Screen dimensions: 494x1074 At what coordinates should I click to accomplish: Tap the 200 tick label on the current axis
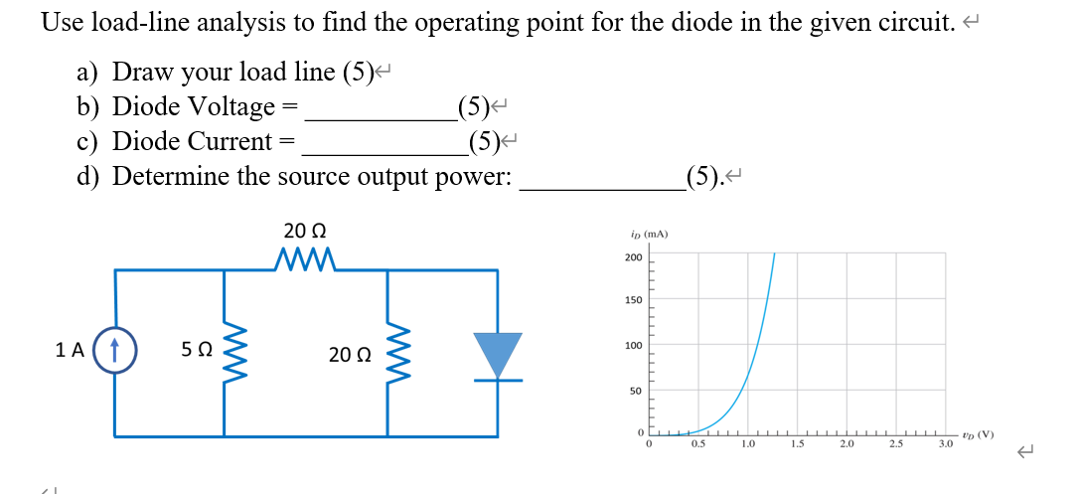coord(633,258)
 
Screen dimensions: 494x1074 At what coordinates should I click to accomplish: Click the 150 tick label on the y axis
coord(633,300)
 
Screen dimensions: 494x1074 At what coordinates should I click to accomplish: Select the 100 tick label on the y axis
coord(633,346)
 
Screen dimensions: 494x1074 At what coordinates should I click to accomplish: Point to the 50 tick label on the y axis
coord(635,392)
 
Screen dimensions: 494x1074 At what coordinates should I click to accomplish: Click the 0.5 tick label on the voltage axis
coord(699,444)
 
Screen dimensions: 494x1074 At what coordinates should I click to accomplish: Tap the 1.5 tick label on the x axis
coord(798,444)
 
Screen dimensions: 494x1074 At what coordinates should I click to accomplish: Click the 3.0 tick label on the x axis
coord(945,444)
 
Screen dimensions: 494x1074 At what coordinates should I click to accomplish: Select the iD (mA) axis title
coord(649,235)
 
